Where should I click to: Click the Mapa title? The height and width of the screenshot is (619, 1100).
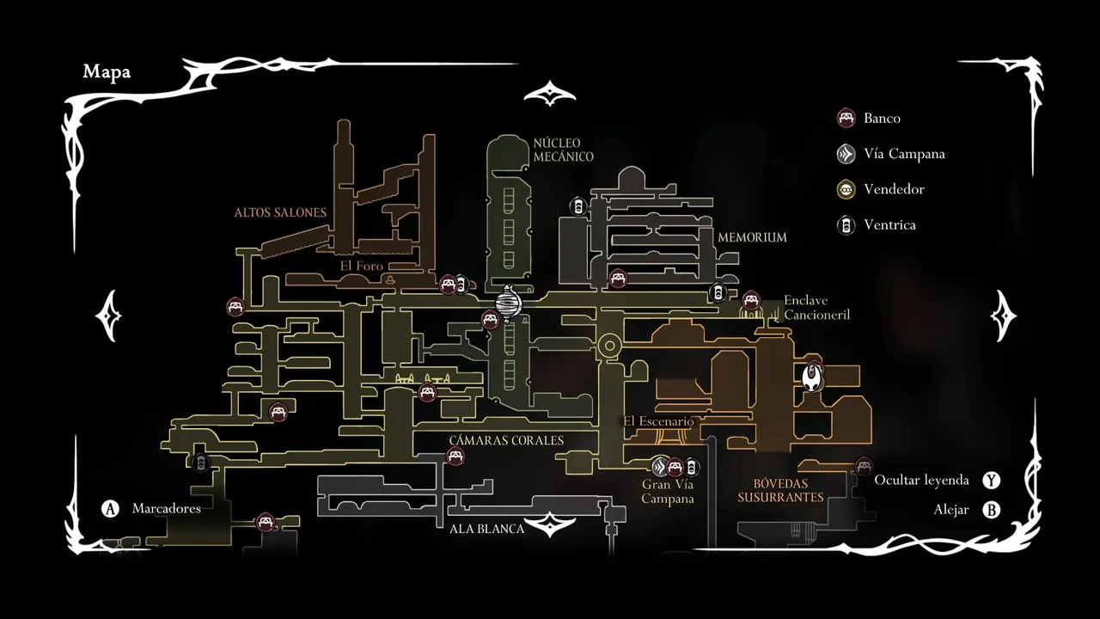pos(107,72)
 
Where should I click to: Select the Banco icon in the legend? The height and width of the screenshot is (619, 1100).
pos(846,118)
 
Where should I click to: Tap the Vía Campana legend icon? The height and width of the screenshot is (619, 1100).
pos(846,154)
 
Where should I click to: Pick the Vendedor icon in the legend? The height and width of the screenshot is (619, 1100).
pos(846,189)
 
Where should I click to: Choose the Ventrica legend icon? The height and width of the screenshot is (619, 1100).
pos(846,225)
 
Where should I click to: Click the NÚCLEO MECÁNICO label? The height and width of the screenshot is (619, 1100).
pos(563,150)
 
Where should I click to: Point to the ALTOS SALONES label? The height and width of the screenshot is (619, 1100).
pos(280,212)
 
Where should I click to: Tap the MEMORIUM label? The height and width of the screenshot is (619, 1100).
pos(752,237)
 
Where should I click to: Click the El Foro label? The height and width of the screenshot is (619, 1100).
pos(361,267)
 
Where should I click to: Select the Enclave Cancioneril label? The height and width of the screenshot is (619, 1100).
pos(816,308)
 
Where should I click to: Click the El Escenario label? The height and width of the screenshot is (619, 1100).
pos(658,421)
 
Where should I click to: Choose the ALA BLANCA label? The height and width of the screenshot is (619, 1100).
pos(486,529)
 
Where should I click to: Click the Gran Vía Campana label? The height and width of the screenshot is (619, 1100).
pos(667,492)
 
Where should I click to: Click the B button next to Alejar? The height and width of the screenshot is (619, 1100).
pos(992,510)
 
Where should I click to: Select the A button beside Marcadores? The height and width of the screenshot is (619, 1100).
pos(110,509)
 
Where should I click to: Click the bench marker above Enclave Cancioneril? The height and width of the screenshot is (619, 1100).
pos(751,300)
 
